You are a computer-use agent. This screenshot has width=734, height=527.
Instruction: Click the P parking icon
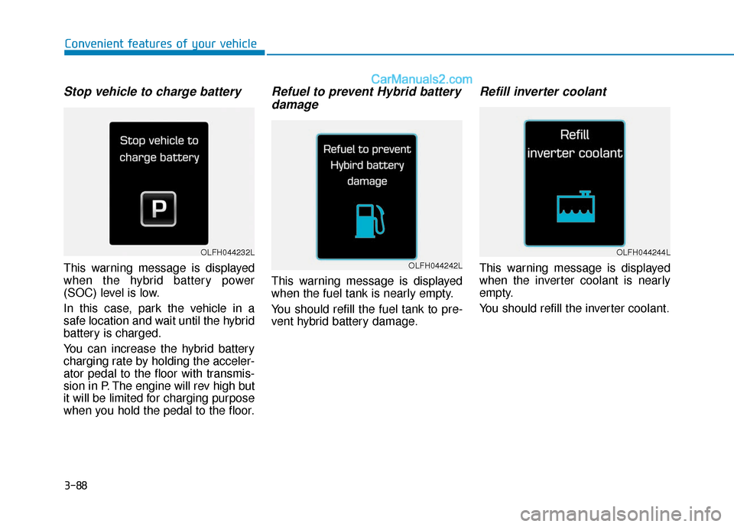tap(158, 209)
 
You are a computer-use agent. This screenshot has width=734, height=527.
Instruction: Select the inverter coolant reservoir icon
tap(574, 206)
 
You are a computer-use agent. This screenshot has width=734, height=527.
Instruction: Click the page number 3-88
tap(76, 485)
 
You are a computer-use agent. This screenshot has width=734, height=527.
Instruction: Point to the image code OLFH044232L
tap(228, 252)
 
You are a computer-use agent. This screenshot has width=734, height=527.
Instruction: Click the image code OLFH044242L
tap(435, 265)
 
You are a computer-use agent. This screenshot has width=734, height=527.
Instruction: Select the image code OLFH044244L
tap(643, 252)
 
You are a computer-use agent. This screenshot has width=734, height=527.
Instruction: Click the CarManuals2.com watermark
tap(421, 78)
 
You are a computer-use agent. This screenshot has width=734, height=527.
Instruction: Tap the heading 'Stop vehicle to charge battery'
tap(152, 92)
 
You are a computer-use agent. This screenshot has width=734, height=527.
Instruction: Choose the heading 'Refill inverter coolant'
tap(542, 92)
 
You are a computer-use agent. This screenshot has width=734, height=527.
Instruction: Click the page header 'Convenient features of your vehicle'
tap(161, 44)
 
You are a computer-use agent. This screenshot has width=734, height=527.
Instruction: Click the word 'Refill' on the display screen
tap(574, 135)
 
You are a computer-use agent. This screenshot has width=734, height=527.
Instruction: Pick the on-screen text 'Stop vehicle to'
tap(159, 141)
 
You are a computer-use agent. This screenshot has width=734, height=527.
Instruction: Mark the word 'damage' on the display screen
tap(367, 181)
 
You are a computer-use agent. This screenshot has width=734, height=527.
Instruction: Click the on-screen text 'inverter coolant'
tap(575, 153)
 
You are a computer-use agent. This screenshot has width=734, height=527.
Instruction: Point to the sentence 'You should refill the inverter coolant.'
tap(574, 309)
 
